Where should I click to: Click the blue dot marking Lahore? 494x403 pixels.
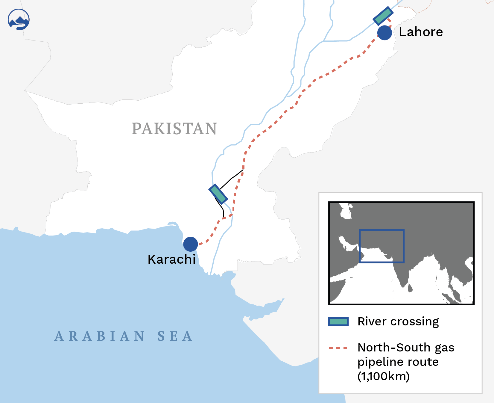click(384, 33)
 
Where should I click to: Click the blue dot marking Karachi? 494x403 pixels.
click(191, 244)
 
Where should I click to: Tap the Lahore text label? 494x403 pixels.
click(421, 32)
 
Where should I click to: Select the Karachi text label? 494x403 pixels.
click(171, 259)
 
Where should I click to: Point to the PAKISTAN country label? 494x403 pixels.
click(174, 129)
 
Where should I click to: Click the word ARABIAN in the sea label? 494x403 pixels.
click(100, 336)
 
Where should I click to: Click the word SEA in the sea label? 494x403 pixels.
click(175, 336)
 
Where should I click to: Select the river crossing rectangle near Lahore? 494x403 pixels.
click(383, 16)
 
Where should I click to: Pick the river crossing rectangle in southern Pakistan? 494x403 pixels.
click(218, 194)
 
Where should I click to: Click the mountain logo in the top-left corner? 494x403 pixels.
click(19, 19)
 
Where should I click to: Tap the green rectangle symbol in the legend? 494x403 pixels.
click(338, 322)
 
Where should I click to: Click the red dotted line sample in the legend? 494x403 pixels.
click(338, 348)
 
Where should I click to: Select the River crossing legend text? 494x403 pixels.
click(398, 322)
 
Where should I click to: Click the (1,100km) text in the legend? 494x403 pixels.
click(383, 376)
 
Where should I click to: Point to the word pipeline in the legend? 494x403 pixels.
click(379, 362)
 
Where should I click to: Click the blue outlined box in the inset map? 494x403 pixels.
click(381, 230)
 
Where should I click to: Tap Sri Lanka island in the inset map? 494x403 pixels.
click(410, 288)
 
